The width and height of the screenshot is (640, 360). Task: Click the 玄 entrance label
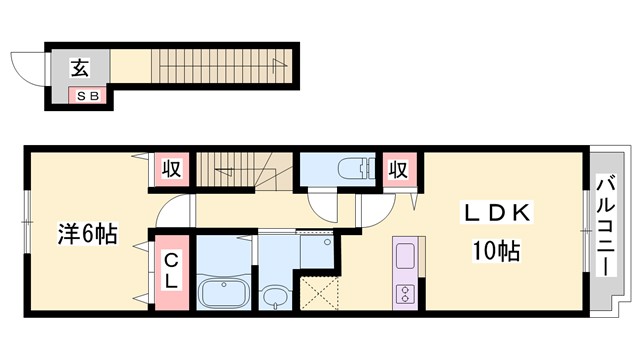click(80, 68)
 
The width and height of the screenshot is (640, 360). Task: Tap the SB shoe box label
click(88, 96)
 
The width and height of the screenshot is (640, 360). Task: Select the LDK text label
click(496, 212)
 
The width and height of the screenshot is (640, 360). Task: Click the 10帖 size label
click(496, 251)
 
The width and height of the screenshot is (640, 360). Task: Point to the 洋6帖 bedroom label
click(87, 234)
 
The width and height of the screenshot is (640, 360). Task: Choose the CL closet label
click(171, 271)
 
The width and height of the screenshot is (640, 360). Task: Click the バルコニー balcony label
click(606, 226)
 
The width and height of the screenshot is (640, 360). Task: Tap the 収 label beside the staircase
click(171, 169)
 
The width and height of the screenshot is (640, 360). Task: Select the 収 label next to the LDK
click(398, 169)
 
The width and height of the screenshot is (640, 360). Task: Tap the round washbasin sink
click(275, 297)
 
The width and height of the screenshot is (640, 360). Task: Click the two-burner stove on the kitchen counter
click(405, 294)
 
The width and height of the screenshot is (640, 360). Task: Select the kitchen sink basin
click(405, 256)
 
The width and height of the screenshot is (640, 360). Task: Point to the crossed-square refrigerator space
click(320, 293)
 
